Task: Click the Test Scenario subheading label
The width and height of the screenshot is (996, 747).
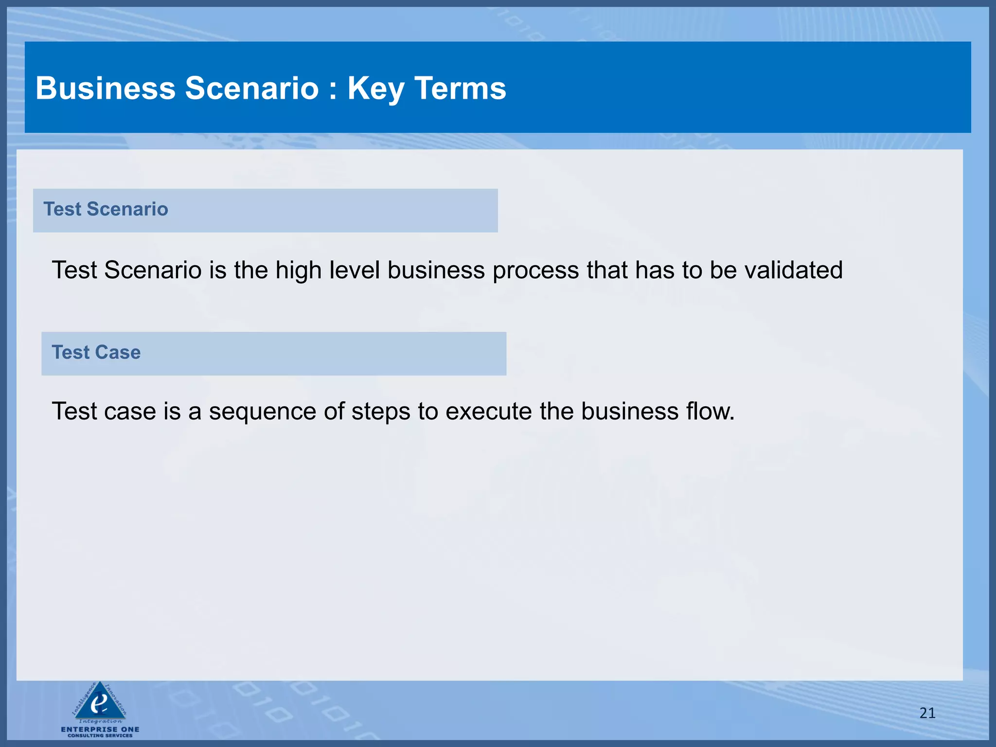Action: click(x=106, y=209)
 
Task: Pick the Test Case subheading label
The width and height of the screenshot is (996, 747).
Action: click(x=96, y=352)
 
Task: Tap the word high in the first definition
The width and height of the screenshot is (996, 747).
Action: click(x=298, y=271)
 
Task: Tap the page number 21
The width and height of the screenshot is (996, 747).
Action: click(x=927, y=713)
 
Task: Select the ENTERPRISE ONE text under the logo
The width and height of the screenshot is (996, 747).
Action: click(x=100, y=729)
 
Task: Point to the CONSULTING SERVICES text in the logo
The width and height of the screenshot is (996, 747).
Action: click(x=100, y=735)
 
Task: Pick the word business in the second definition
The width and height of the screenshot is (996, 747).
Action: click(x=630, y=411)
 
